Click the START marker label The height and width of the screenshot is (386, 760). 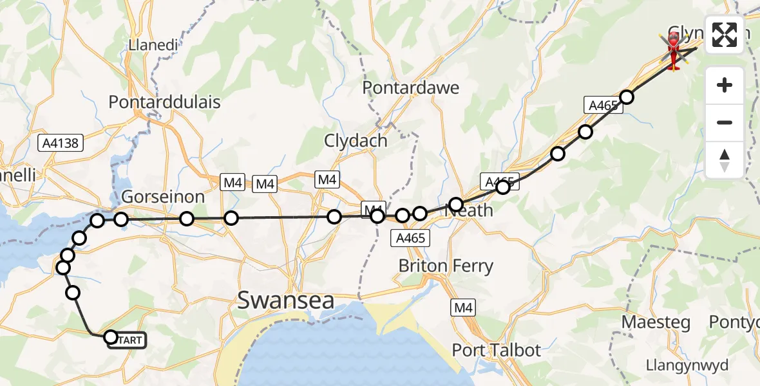(x=128, y=340)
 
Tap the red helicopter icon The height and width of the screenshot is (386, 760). (x=674, y=52)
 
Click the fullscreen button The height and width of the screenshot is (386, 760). (x=725, y=35)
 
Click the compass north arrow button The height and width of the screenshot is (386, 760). (x=725, y=160)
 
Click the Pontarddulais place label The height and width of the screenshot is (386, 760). (x=165, y=102)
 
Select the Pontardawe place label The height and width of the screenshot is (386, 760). (x=411, y=87)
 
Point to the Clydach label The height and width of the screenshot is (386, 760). (x=356, y=140)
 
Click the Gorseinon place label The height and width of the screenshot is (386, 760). (x=164, y=197)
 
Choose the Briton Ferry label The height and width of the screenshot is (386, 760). (x=446, y=266)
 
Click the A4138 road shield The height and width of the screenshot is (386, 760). (x=62, y=143)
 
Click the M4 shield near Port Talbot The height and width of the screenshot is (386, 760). (x=464, y=309)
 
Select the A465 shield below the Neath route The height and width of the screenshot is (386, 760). (x=410, y=239)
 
